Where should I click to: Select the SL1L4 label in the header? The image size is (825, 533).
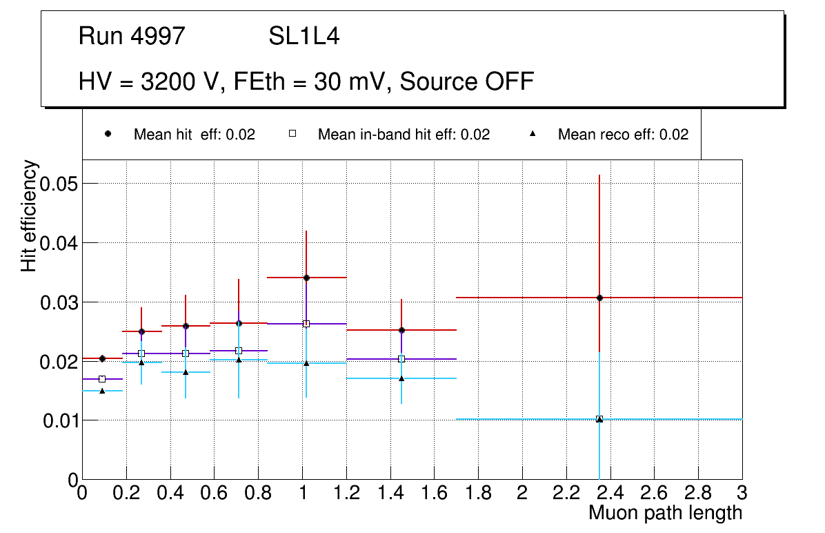pos(304,37)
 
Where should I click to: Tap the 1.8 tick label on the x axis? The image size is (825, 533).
pos(478,493)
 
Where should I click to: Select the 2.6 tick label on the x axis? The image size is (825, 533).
pos(654,493)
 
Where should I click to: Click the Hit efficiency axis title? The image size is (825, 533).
pos(30,215)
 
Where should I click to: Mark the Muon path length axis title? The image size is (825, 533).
pos(665,513)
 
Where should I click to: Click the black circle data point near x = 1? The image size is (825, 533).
pos(306,278)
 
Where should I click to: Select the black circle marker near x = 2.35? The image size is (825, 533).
pos(599,298)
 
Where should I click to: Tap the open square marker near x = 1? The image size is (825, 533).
pos(306,324)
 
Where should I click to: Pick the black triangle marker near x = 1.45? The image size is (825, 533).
pos(401,378)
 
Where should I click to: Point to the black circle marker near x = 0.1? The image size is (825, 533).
pos(102,358)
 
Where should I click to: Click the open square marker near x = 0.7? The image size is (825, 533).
pos(239,351)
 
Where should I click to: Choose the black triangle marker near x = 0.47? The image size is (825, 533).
pos(186,372)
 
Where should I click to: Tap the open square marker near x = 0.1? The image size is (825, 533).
pos(102,379)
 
